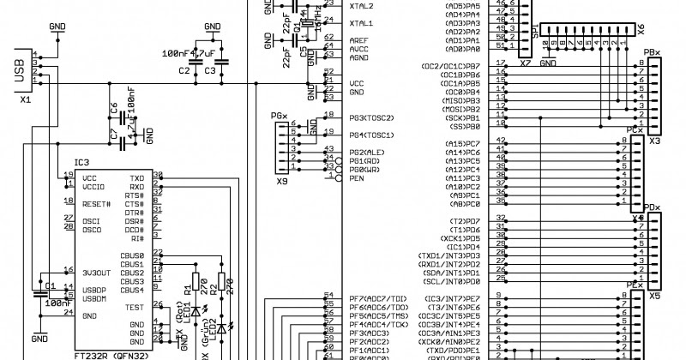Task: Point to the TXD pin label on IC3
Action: pos(136,177)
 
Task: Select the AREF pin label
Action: pos(359,41)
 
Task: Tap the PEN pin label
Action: pos(358,178)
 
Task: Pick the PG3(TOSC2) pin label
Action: pos(371,117)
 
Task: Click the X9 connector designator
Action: pos(281,181)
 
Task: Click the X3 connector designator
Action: pos(654,141)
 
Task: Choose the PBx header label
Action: pos(652,52)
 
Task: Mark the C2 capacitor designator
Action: pos(184,70)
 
